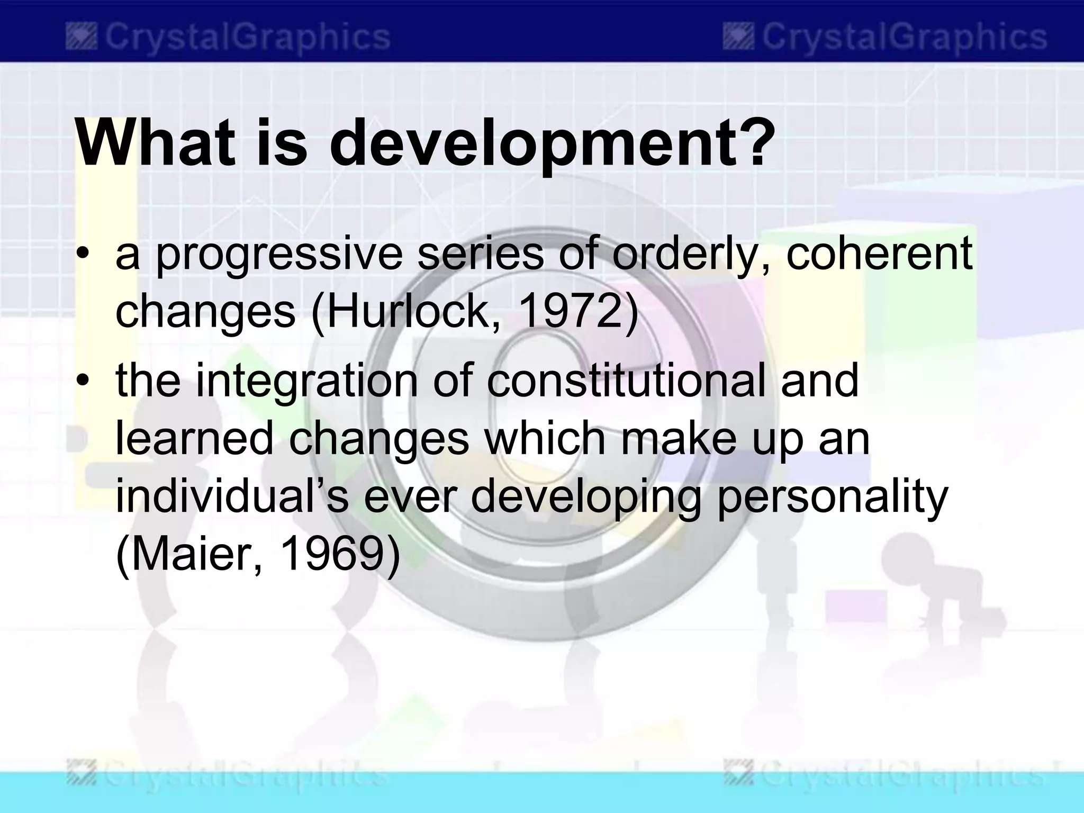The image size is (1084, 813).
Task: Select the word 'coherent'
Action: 879,253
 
